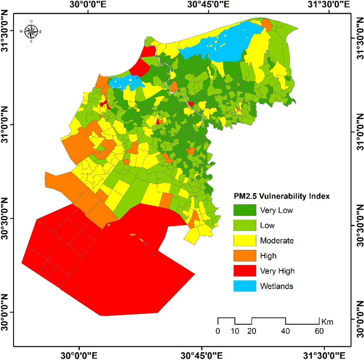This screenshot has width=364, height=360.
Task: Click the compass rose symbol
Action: [x=31, y=31]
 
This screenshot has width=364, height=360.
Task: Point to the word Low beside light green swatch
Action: [x=267, y=226]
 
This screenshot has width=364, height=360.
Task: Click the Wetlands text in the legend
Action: [x=276, y=286]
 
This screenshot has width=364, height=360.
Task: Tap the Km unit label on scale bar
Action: [x=327, y=321]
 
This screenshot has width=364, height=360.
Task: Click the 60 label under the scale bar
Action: [x=319, y=331]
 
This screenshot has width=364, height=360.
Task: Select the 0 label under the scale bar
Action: [x=218, y=331]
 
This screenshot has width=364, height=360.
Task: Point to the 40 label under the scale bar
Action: [x=286, y=331]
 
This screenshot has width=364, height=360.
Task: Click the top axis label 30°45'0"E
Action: [x=210, y=5]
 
